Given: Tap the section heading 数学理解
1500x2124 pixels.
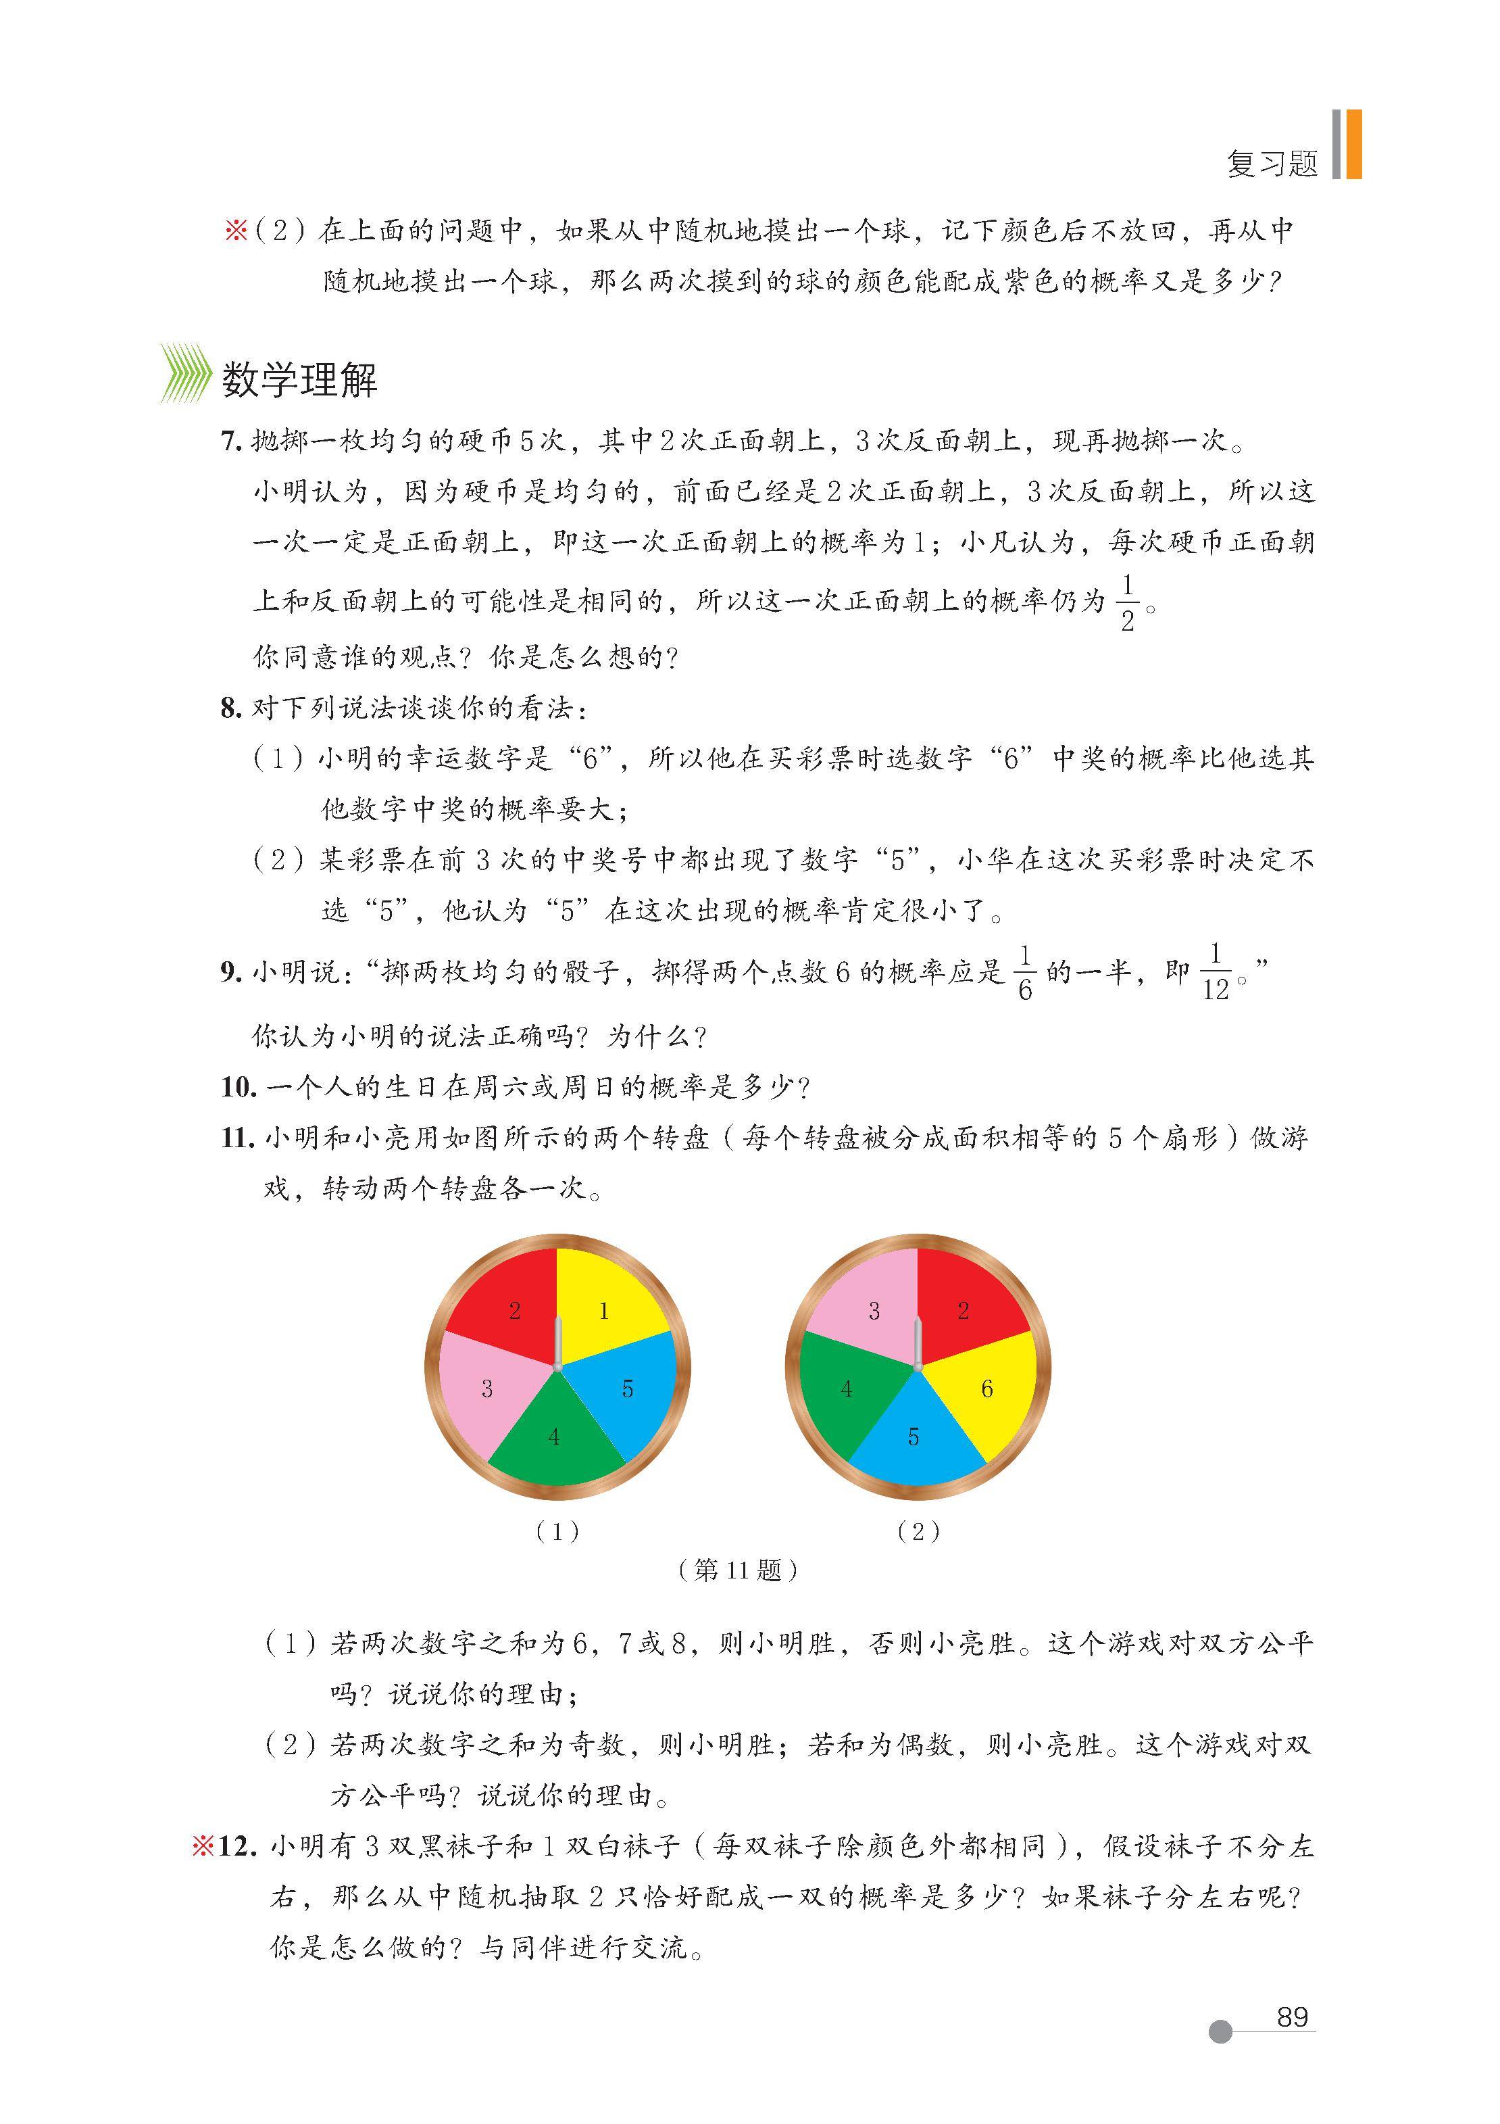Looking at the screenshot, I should pos(299,380).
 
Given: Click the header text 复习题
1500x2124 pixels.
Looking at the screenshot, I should pos(1272,163).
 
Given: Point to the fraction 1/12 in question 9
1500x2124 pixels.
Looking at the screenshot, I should pos(1215,971).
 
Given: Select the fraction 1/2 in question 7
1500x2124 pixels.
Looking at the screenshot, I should pos(1127,603).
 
